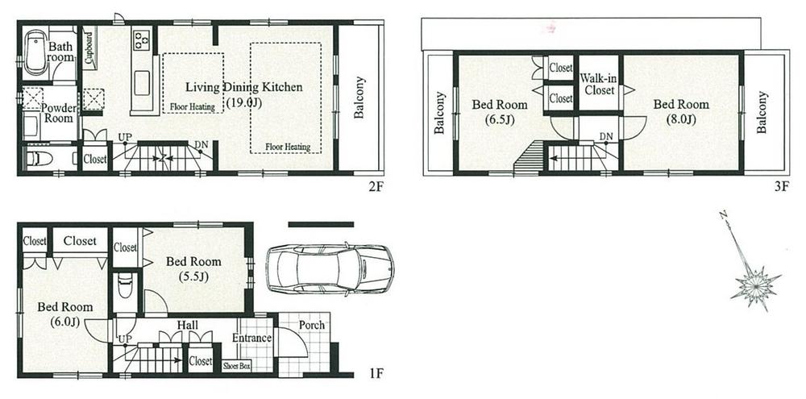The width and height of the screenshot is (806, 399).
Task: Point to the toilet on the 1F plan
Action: pyautogui.click(x=124, y=287)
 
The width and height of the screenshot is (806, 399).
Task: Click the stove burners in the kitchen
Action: pyautogui.click(x=142, y=37)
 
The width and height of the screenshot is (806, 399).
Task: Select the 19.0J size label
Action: pyautogui.click(x=242, y=102)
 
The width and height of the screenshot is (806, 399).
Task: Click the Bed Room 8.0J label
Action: pyautogui.click(x=681, y=111)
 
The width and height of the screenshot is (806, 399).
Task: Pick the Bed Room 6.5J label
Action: pyautogui.click(x=499, y=111)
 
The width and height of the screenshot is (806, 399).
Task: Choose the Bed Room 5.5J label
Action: pyautogui.click(x=193, y=268)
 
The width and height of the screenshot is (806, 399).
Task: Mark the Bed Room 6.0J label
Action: pyautogui.click(x=64, y=314)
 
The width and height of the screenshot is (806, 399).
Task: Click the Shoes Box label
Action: pyautogui.click(x=237, y=365)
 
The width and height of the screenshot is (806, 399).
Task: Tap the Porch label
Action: pyautogui.click(x=311, y=325)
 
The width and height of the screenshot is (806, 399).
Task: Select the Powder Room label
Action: pyautogui.click(x=58, y=113)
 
